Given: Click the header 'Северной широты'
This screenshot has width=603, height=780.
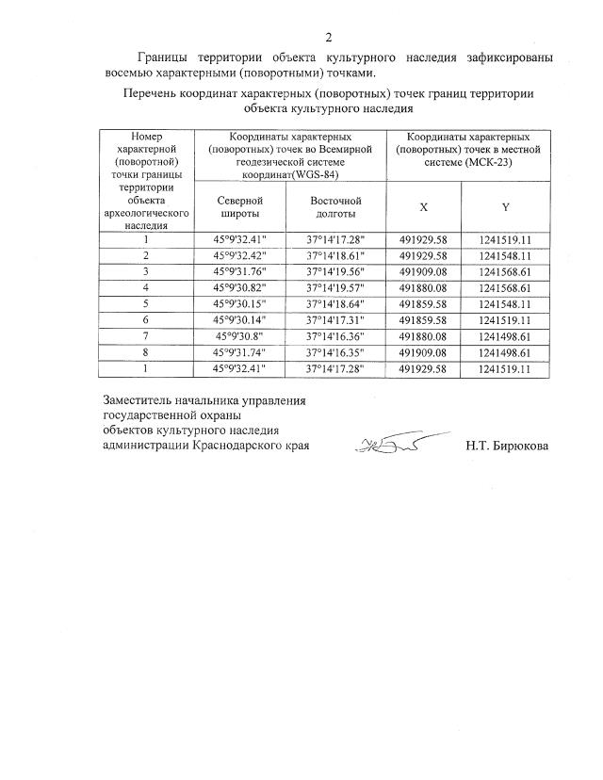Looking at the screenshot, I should click(x=239, y=207).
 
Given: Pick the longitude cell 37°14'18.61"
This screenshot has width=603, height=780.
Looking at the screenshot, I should click(x=335, y=255).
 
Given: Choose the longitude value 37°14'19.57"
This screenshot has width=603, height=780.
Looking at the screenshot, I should click(x=335, y=287).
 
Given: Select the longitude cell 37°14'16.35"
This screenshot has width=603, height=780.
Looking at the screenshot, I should click(x=335, y=351).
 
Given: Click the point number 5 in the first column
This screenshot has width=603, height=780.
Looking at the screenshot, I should click(x=145, y=303).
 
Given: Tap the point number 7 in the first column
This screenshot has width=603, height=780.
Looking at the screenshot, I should click(x=145, y=335).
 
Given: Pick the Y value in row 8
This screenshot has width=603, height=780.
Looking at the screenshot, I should click(x=506, y=351).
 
